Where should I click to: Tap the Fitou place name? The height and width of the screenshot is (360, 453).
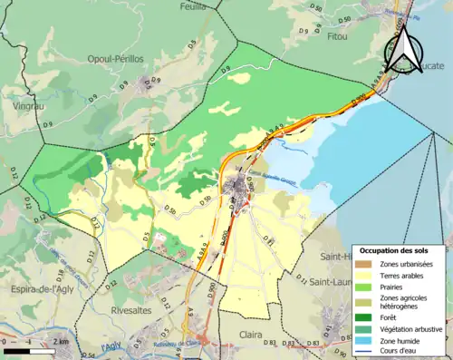(337, 38)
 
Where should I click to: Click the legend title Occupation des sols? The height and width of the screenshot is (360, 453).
(400, 249)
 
